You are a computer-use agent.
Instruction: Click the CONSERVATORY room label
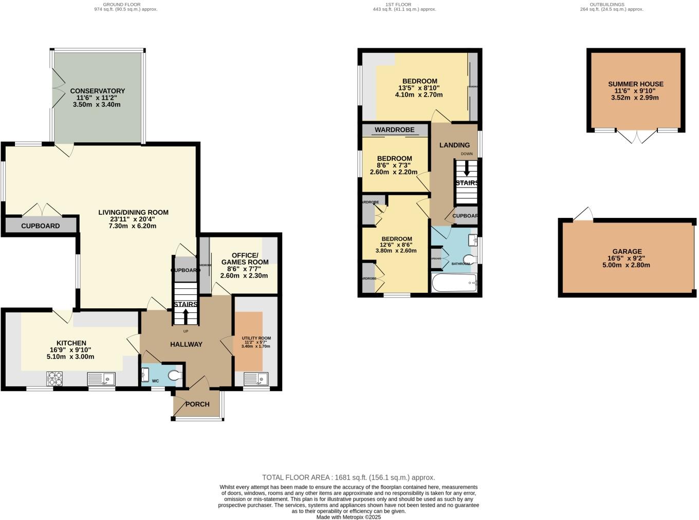(x=98, y=91)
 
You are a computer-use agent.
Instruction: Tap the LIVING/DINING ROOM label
(x=133, y=212)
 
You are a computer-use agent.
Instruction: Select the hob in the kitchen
(x=54, y=379)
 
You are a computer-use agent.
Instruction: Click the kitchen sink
(x=101, y=379)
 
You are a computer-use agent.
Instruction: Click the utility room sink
(x=256, y=379)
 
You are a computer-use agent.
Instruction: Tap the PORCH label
(x=197, y=404)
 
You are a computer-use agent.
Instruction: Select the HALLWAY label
(x=186, y=344)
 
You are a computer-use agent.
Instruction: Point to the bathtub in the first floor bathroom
(x=454, y=283)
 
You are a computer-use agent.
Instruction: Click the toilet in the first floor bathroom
(x=469, y=259)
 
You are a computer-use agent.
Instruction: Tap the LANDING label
(x=454, y=145)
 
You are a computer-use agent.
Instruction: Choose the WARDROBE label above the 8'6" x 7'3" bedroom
(x=394, y=130)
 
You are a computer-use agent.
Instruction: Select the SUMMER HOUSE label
(x=635, y=84)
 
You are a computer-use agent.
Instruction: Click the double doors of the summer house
(x=637, y=137)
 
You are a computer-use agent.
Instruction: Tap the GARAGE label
(x=627, y=252)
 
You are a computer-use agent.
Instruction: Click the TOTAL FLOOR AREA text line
(x=348, y=477)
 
